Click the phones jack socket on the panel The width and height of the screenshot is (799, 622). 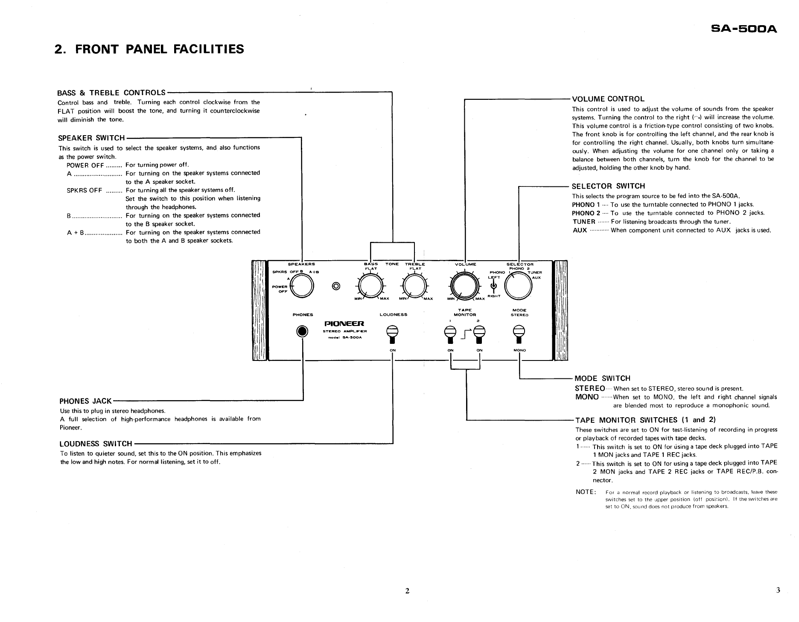303,331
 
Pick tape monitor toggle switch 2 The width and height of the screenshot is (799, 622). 479,334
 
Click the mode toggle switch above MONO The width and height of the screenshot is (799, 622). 519,334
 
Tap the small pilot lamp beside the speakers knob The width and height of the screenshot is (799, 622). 336,285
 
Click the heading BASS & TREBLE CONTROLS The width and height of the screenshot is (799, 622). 111,93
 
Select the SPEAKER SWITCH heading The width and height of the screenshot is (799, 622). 91,138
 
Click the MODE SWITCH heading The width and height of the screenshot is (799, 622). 602,378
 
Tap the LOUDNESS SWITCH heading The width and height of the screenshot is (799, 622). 96,444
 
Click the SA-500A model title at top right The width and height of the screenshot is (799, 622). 744,29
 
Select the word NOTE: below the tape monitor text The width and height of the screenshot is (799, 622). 586,492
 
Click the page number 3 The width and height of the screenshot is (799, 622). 778,590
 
